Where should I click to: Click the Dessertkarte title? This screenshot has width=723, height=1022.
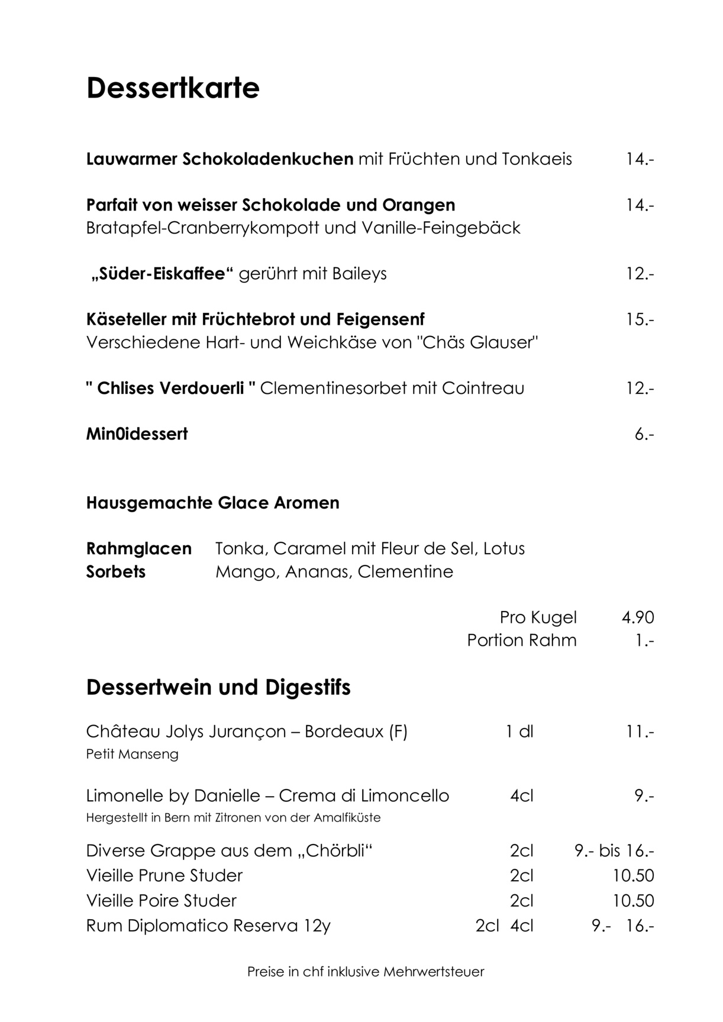tap(173, 88)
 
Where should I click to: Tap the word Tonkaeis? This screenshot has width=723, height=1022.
tap(537, 159)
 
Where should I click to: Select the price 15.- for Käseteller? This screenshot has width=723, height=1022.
tap(640, 320)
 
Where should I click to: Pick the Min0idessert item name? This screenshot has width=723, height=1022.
tap(137, 434)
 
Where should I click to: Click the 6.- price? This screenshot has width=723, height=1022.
tap(644, 434)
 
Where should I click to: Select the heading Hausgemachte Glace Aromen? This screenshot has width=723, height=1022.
tap(213, 503)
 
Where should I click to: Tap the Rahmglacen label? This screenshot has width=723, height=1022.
tap(139, 549)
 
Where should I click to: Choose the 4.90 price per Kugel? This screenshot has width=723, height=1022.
tap(637, 617)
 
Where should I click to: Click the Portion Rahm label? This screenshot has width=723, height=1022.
tap(521, 641)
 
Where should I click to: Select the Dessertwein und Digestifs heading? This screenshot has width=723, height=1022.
tap(218, 687)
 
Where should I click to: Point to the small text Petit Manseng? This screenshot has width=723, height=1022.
tap(132, 754)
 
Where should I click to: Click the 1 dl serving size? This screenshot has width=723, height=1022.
tap(519, 732)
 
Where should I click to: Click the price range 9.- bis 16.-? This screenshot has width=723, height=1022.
tap(614, 851)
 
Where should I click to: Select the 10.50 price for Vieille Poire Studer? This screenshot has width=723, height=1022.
tap(633, 901)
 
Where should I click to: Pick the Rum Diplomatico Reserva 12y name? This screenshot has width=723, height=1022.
tap(208, 926)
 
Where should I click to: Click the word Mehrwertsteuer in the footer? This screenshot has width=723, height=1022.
tap(434, 972)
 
